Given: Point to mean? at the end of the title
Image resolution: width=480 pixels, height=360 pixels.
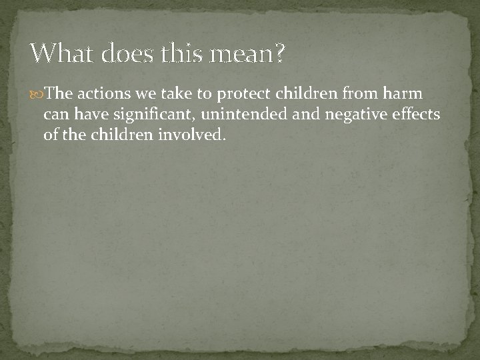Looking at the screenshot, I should click(243, 53).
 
